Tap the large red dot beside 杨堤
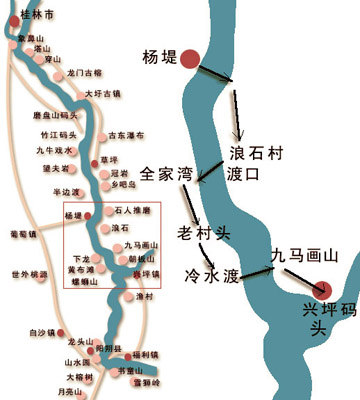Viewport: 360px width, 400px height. coord(188,59)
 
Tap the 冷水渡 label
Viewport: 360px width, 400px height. coord(211,273)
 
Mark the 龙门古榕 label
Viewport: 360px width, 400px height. coord(85,73)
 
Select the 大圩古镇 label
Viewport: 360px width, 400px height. coord(102,94)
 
